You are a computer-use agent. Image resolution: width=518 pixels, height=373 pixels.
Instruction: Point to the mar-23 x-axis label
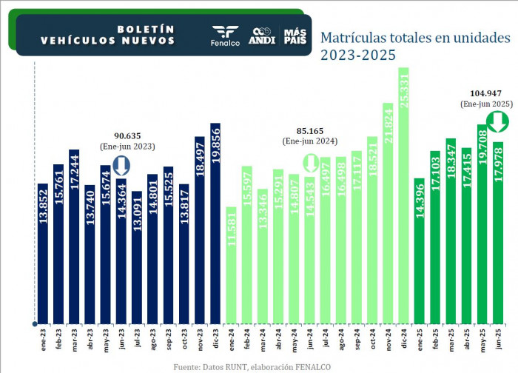click(74, 343)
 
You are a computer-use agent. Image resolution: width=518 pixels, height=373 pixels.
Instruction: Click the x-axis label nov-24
click(388, 343)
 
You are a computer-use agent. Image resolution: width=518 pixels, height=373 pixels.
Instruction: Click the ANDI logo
click(263, 36)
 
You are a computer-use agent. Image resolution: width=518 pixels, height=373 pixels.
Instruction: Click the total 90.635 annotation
click(128, 136)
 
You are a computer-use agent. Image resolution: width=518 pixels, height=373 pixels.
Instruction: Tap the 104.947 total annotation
click(485, 94)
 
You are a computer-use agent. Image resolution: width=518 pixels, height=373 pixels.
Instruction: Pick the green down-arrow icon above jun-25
click(475, 121)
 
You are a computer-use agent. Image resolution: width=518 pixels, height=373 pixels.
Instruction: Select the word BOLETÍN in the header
click(146, 29)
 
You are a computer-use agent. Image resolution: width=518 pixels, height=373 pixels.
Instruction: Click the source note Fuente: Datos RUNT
click(252, 366)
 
